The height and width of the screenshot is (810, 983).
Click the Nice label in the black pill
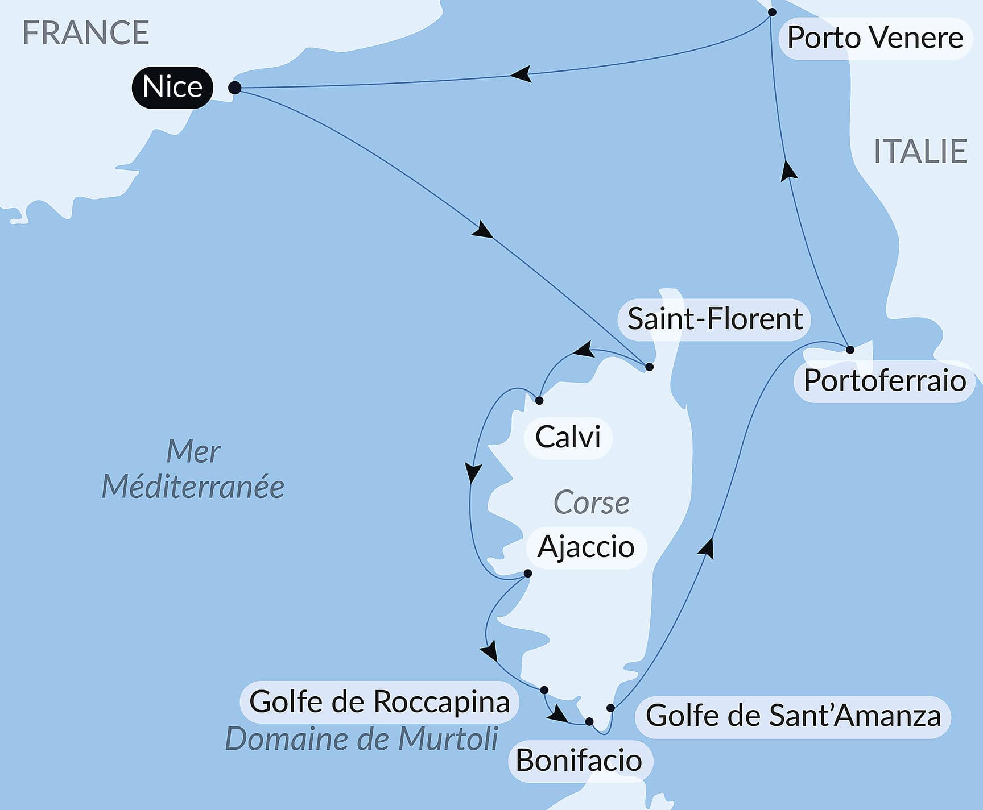[x=172, y=87]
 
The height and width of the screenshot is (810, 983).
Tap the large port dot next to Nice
[x=234, y=88]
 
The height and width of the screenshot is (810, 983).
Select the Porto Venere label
[x=874, y=38]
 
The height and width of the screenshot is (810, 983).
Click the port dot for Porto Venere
[x=772, y=12]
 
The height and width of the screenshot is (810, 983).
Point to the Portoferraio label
[x=884, y=380]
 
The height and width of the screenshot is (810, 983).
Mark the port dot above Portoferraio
[x=850, y=350]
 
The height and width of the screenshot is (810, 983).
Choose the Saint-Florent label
[x=714, y=319]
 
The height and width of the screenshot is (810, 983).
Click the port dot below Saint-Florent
[x=649, y=367]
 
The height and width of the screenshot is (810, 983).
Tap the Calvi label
[x=568, y=437]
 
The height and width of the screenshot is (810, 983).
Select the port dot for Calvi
[x=539, y=401]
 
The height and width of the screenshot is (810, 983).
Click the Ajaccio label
[x=586, y=547]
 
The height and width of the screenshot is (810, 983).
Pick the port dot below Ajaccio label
[x=527, y=574]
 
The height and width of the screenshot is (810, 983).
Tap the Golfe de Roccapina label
[x=379, y=701]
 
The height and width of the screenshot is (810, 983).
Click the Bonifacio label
[x=579, y=761]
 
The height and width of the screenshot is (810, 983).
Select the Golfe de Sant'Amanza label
[x=793, y=716]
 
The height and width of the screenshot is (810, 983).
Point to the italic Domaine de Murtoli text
[x=362, y=739]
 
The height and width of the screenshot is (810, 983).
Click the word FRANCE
[x=85, y=33]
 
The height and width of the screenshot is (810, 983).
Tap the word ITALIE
[x=920, y=152]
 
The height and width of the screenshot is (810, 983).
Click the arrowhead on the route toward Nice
[x=521, y=74]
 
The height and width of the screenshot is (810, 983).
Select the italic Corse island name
[x=591, y=502]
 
